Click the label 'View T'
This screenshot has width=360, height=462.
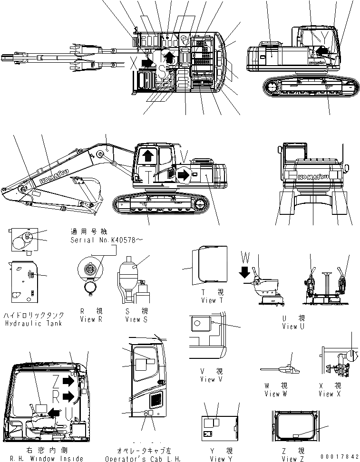(x=208, y=300)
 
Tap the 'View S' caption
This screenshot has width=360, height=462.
(x=133, y=319)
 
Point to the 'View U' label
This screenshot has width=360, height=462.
(x=296, y=326)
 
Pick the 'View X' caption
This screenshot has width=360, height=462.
(x=326, y=394)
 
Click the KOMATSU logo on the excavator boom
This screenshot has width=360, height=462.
(x=52, y=174)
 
